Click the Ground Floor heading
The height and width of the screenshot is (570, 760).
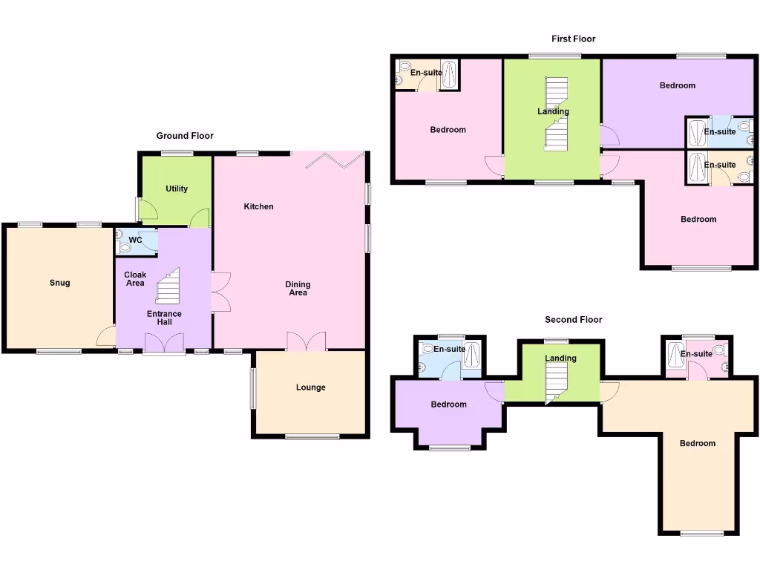(x=185, y=136)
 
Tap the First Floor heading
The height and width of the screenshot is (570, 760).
(x=573, y=39)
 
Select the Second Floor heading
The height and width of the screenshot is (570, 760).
(x=573, y=320)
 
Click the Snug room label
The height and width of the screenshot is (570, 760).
(x=60, y=283)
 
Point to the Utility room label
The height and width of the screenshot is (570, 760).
(x=177, y=189)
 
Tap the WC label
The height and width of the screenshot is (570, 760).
(x=135, y=240)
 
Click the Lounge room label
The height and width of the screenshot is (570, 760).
(x=310, y=387)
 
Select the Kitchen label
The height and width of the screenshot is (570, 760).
(x=258, y=206)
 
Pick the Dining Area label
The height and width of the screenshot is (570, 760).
(x=298, y=288)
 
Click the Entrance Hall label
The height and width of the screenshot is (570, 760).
(x=164, y=318)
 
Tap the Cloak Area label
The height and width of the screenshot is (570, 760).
(x=135, y=278)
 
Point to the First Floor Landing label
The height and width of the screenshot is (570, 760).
(x=553, y=111)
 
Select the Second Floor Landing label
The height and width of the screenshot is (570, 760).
(x=560, y=358)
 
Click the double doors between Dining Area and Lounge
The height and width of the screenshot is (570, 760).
(x=307, y=341)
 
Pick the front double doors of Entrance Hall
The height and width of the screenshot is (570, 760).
(x=164, y=343)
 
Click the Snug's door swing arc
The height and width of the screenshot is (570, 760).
(x=106, y=336)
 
